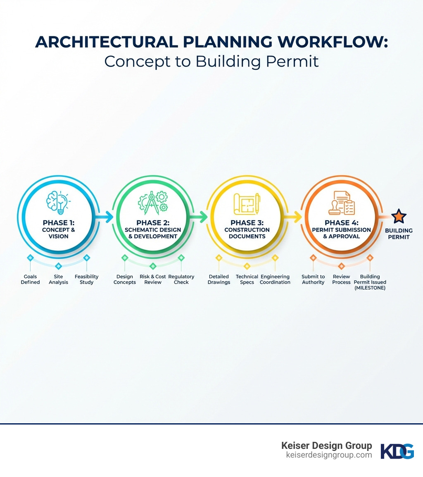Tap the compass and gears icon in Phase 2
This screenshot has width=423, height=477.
pyautogui.click(x=152, y=203)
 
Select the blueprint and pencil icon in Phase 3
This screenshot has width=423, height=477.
pyautogui.click(x=247, y=204)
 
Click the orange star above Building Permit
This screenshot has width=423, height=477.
pyautogui.click(x=399, y=216)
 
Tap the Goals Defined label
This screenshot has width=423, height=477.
pyautogui.click(x=30, y=279)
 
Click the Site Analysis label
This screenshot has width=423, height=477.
pyautogui.click(x=58, y=279)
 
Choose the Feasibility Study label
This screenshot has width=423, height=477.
pyautogui.click(x=87, y=279)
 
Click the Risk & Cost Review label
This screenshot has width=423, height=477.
pyautogui.click(x=153, y=279)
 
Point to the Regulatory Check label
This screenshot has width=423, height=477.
pyautogui.click(x=181, y=279)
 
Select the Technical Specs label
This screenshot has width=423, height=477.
pyautogui.click(x=247, y=279)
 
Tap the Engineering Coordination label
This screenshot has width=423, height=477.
pyautogui.click(x=275, y=279)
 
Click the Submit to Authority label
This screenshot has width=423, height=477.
pyautogui.click(x=313, y=279)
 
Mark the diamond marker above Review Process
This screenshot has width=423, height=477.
pyautogui.click(x=342, y=266)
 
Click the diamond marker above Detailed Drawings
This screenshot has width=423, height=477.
pyautogui.click(x=219, y=258)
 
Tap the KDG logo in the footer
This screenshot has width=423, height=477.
pyautogui.click(x=397, y=451)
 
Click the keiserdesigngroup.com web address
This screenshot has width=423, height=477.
pyautogui.click(x=329, y=455)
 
